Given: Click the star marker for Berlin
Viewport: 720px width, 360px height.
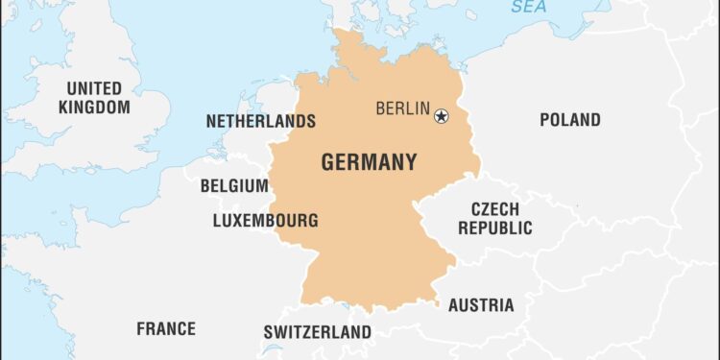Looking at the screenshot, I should [x=441, y=116].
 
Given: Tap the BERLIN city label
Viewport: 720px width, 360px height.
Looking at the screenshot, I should [x=402, y=108].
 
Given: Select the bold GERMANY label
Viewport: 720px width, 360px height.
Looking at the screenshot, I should [x=369, y=162].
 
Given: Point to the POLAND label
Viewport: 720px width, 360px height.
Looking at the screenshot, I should [x=569, y=120].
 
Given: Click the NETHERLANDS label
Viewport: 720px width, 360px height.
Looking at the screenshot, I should [x=260, y=122].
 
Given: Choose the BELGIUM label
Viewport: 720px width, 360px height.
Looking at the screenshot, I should [x=233, y=186].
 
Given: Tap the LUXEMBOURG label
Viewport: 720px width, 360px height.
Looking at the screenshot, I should [x=265, y=221].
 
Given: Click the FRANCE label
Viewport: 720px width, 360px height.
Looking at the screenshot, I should [x=165, y=329].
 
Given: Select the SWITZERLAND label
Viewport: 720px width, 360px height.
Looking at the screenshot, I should [x=317, y=333].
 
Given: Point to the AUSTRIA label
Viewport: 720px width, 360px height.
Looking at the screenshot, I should [x=480, y=305].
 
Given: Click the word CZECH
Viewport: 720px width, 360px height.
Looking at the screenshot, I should [x=494, y=209].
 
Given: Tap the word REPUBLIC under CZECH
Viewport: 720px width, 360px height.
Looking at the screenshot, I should [x=494, y=228].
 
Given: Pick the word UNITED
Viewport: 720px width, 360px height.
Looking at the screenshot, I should [x=93, y=89].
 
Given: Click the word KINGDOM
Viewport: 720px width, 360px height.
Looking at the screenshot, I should [x=93, y=108].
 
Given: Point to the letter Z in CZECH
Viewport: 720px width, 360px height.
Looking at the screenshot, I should [x=485, y=209].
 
